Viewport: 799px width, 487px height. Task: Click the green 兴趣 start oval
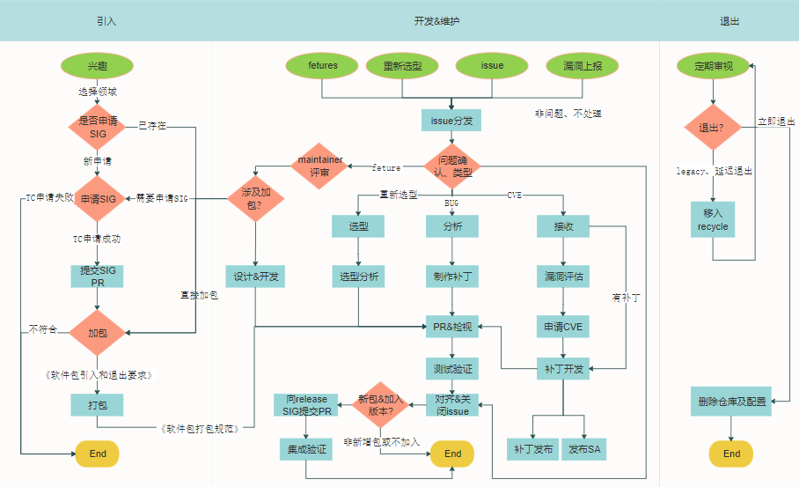point(97,66)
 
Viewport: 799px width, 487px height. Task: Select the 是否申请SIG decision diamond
point(97,127)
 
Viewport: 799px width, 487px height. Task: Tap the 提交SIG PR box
point(97,276)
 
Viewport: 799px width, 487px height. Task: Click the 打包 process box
point(97,405)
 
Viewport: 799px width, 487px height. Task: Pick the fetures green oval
point(323,66)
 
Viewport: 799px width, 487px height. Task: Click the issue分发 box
point(451,119)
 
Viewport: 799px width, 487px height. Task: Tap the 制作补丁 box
point(451,276)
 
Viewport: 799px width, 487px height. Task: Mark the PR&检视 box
point(451,326)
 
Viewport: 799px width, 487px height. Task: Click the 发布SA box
point(584,449)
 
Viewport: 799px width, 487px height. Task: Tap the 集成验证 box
point(305,449)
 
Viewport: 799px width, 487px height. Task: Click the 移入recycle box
point(713,220)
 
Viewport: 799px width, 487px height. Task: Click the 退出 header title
point(730,20)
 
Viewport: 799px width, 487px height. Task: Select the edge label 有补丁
point(626,299)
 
